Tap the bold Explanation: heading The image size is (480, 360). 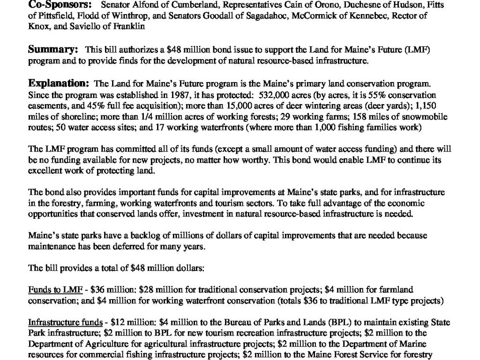(x=59, y=84)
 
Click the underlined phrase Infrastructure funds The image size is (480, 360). (x=65, y=322)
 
